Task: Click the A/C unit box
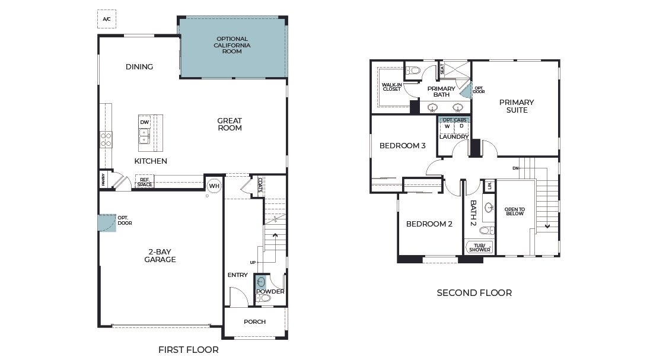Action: (107, 19)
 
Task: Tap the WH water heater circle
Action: (214, 186)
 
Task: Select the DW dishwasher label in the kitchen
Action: (144, 122)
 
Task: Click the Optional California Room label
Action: (232, 45)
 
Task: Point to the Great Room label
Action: (230, 125)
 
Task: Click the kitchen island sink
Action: (144, 136)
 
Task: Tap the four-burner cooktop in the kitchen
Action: (106, 139)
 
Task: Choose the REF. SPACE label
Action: (145, 182)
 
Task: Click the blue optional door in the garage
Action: (107, 223)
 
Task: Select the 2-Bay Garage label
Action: (160, 256)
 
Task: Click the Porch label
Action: (254, 321)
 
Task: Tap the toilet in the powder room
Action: (264, 298)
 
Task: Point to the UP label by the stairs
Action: (253, 262)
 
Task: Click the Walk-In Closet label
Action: (392, 87)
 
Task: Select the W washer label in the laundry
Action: (447, 126)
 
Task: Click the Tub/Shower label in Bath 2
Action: (480, 247)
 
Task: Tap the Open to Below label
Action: (515, 212)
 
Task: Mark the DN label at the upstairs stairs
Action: (515, 168)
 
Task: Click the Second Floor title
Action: (474, 293)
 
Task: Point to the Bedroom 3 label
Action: (403, 145)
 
